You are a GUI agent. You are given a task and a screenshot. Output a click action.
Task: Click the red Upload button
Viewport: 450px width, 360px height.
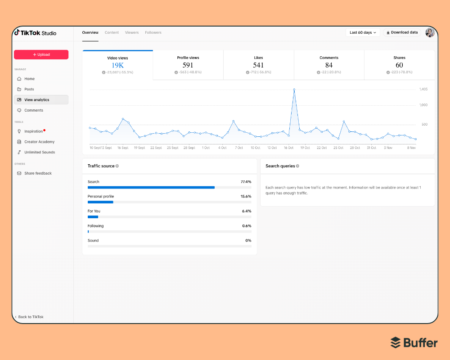point(41,54)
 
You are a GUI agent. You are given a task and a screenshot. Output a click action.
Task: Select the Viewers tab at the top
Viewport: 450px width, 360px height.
point(132,32)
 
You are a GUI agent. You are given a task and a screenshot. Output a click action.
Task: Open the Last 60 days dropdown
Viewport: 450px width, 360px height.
point(363,32)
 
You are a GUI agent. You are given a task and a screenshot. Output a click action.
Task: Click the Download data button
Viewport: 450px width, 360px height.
point(402,32)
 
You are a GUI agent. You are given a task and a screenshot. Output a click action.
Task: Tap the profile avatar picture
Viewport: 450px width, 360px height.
point(430,32)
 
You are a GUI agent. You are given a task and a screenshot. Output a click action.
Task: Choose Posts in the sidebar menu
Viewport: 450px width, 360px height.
point(29,89)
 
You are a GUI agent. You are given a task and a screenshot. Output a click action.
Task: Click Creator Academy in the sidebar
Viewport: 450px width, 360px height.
point(39,142)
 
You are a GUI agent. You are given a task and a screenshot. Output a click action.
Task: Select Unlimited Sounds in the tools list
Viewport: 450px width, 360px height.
point(40,152)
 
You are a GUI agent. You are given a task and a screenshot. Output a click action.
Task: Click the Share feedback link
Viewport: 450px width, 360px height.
point(38,173)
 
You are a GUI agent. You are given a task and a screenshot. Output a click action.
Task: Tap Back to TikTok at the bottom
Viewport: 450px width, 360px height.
point(31,317)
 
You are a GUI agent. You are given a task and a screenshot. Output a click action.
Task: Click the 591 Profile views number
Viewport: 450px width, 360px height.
point(188,65)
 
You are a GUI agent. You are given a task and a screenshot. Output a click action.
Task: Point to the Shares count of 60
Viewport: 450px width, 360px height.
point(399,65)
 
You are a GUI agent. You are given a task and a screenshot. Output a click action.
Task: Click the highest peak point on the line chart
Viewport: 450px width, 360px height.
point(294,90)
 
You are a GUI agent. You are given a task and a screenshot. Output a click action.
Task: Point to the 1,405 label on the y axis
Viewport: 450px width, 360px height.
point(423,89)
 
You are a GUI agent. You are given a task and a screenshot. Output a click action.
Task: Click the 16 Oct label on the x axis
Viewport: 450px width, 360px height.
point(288,148)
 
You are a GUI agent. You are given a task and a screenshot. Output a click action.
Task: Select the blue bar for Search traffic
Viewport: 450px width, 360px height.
point(151,187)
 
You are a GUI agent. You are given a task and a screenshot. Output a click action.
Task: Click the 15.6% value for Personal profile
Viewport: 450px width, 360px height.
point(246,196)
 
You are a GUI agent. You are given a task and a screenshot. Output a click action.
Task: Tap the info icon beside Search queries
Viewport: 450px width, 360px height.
point(297,166)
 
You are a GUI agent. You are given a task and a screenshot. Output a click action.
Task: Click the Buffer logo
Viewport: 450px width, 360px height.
point(414,342)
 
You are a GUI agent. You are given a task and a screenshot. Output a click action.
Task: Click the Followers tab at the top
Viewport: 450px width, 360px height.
point(153,32)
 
